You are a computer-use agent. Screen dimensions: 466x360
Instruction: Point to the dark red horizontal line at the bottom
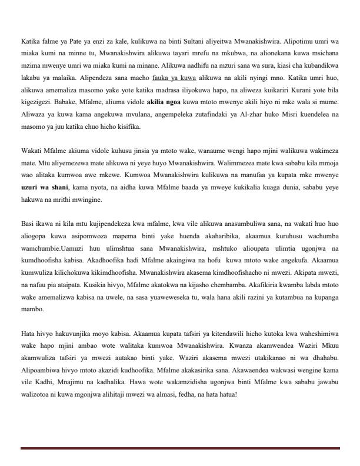180,448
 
